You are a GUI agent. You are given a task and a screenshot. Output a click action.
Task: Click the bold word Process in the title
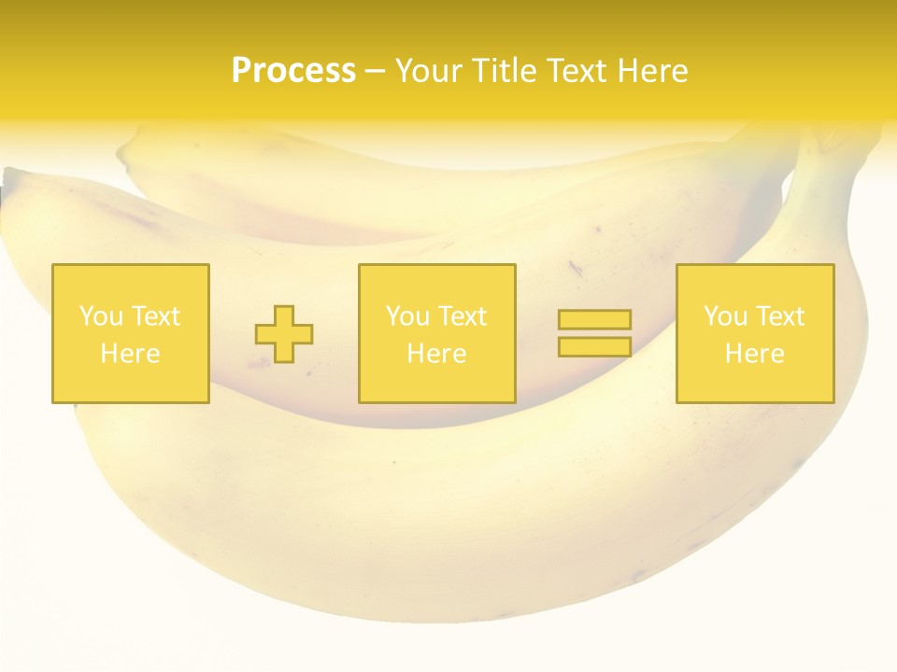click(293, 71)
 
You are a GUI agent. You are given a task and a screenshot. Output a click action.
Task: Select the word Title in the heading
click(505, 71)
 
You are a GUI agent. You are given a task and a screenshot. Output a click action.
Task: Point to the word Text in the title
click(577, 71)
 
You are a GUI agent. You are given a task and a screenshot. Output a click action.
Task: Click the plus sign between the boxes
click(284, 334)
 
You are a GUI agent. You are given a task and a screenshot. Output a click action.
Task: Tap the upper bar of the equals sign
click(594, 320)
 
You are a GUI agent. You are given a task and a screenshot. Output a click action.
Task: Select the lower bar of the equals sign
click(594, 347)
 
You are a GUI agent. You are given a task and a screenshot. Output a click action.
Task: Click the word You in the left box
click(101, 316)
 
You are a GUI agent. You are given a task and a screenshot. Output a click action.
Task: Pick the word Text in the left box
click(155, 316)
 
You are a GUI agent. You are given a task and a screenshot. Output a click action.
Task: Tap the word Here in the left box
click(130, 354)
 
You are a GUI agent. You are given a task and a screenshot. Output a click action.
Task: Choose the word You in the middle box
click(407, 316)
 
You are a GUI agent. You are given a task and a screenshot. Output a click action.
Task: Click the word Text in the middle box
click(462, 316)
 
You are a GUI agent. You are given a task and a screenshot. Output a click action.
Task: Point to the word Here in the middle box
click(436, 354)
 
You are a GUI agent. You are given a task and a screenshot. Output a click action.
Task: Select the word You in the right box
click(725, 316)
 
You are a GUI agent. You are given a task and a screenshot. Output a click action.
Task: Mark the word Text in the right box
click(779, 316)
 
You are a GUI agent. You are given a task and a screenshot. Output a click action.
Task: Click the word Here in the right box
click(754, 354)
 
